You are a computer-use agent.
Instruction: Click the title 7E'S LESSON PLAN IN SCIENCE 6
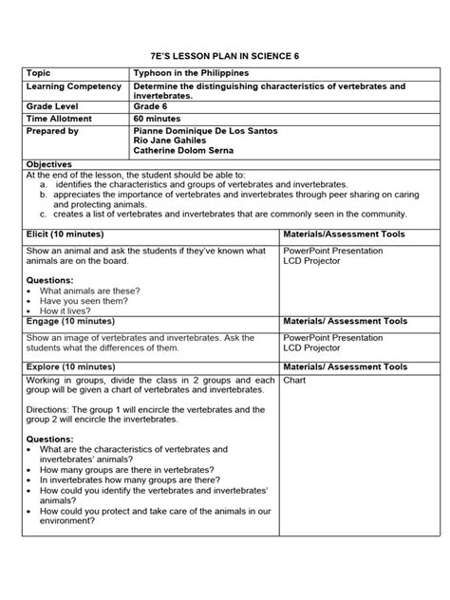[x=225, y=55]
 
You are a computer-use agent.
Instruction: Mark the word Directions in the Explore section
[x=47, y=409]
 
